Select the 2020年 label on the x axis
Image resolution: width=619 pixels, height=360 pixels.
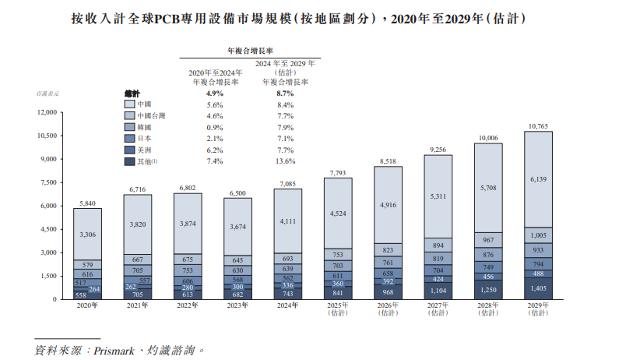[87, 307]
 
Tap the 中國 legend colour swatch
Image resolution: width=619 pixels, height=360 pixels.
[129, 104]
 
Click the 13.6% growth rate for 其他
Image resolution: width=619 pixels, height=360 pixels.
[285, 161]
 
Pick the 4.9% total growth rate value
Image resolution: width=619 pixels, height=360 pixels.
[215, 93]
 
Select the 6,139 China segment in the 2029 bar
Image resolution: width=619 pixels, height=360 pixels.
[538, 179]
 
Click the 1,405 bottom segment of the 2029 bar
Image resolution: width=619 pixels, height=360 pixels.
[538, 288]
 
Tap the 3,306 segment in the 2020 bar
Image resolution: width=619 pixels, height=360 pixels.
[87, 234]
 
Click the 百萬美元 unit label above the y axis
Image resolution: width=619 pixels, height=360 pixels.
[47, 94]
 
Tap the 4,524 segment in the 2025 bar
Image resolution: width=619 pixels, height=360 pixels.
[337, 213]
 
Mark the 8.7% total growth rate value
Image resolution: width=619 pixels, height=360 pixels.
[285, 93]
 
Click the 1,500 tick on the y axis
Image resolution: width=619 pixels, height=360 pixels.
[48, 276]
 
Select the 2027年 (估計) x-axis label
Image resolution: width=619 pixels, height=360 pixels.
[438, 310]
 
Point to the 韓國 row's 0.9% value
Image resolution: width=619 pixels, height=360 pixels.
[215, 127]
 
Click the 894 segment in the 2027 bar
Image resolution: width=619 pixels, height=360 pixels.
[438, 245]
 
